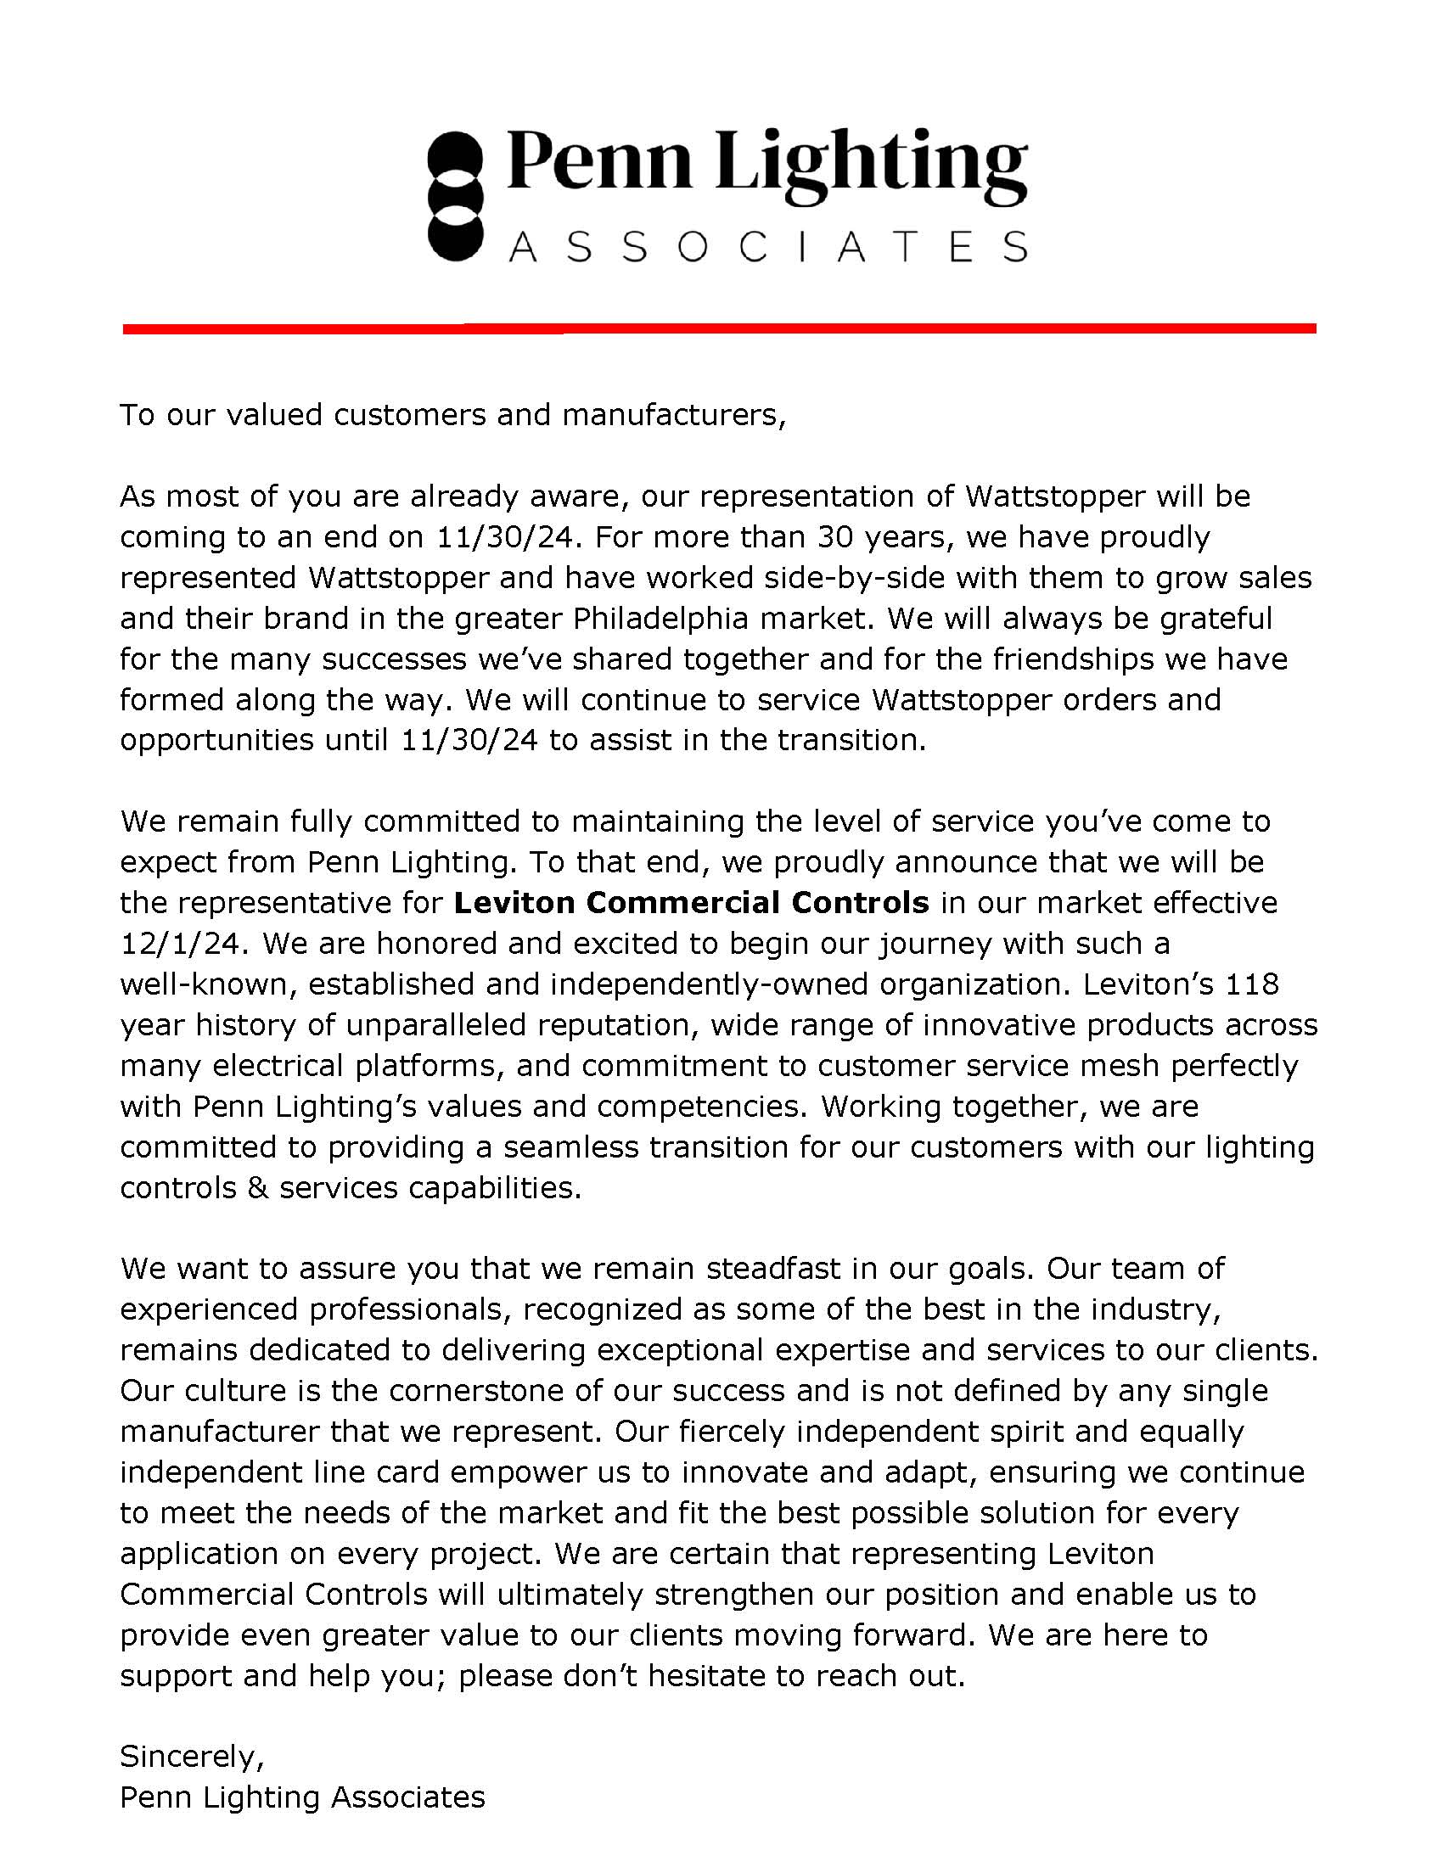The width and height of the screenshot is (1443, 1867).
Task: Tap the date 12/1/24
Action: click(x=184, y=944)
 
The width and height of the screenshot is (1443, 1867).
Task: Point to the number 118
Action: click(x=1252, y=984)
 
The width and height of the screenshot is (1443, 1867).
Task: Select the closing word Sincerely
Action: click(x=191, y=1757)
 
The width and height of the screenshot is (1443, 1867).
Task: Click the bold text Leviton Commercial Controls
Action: click(x=691, y=903)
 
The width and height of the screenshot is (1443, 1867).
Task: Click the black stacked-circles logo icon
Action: click(x=456, y=196)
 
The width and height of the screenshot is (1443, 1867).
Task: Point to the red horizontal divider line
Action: click(x=719, y=328)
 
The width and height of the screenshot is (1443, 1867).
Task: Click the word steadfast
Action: click(x=773, y=1269)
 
